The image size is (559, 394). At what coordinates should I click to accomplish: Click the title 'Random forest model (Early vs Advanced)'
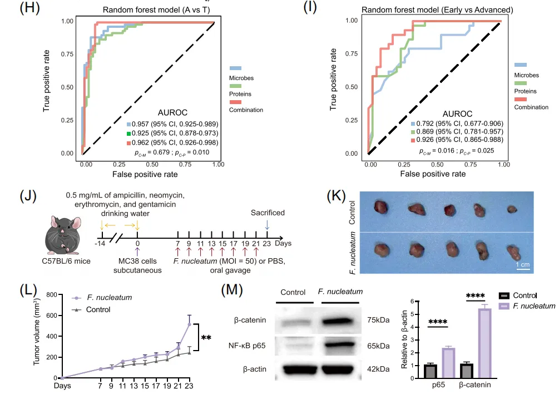point(437,9)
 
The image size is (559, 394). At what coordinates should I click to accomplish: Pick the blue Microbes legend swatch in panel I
point(521,66)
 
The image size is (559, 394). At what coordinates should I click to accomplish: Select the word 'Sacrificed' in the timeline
point(267,213)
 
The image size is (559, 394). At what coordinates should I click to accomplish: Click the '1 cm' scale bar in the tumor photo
point(523,266)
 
